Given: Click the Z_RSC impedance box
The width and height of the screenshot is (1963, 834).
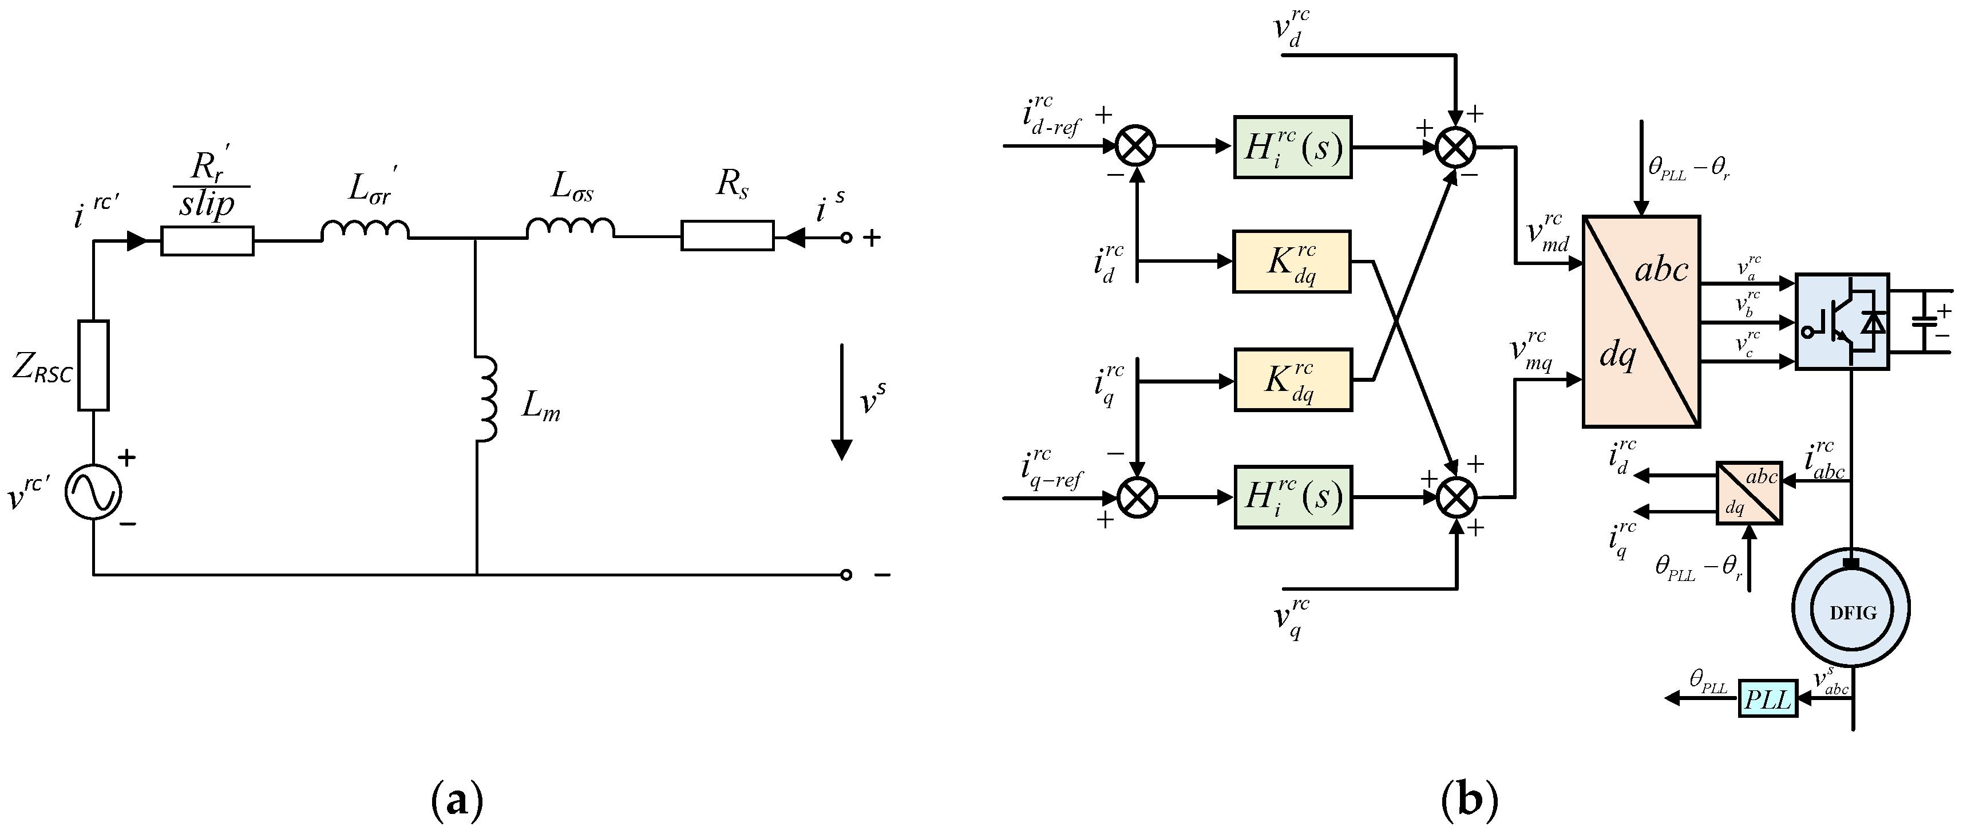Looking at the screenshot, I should [93, 365].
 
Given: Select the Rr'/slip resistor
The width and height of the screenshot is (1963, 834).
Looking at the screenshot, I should [207, 240].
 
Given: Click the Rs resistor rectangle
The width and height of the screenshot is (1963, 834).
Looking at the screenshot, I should [727, 236].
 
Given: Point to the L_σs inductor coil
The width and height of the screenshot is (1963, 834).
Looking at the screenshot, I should [570, 228].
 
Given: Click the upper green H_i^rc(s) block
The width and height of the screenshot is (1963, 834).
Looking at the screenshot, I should [1292, 147].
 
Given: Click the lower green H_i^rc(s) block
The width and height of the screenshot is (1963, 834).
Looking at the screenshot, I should [1292, 496].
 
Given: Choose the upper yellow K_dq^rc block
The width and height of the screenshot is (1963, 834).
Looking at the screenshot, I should [1292, 262].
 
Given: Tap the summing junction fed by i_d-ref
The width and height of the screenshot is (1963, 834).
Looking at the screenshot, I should [1135, 145].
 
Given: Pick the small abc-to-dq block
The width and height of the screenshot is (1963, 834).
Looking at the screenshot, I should [1749, 492].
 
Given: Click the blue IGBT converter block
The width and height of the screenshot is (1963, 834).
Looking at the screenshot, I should [1842, 321].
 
